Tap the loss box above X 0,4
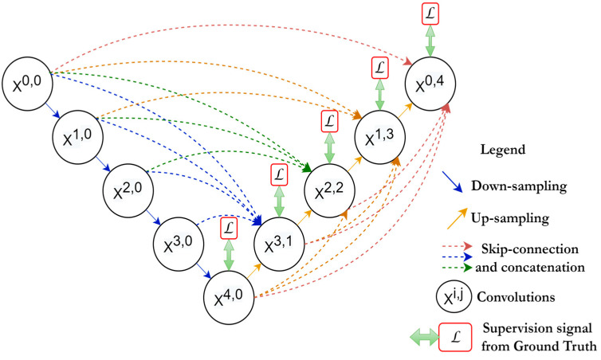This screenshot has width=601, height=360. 430,14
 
